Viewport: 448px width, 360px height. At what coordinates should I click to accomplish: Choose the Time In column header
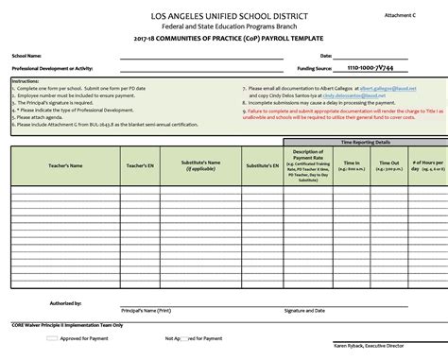(353, 164)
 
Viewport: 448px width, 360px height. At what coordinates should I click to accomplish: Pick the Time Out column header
(388, 164)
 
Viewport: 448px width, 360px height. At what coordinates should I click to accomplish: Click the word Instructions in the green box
(26, 81)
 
